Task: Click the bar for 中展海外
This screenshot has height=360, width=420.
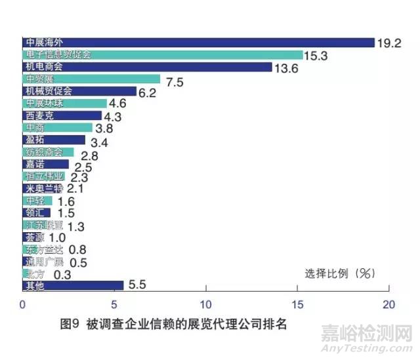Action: [x=197, y=43]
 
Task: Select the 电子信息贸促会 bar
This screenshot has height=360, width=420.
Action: [x=162, y=55]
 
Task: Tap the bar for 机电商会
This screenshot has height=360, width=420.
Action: [x=146, y=67]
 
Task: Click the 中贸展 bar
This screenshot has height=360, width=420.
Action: [x=91, y=79]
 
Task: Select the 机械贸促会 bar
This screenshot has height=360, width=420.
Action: [x=79, y=91]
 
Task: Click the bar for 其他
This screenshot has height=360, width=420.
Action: [x=73, y=285]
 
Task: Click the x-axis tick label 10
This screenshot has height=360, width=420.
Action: [x=206, y=305]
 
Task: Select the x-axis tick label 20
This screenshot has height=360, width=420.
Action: [x=389, y=305]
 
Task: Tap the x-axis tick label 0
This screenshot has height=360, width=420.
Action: [x=23, y=305]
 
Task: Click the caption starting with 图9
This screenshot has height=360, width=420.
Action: [x=173, y=324]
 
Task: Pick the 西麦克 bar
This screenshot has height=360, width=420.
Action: [x=62, y=115]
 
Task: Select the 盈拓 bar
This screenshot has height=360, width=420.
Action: [x=54, y=140]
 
